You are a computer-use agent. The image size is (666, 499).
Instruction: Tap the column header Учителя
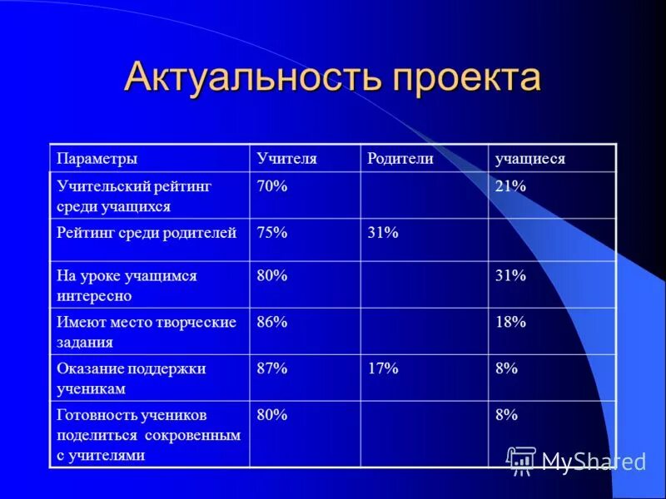287,159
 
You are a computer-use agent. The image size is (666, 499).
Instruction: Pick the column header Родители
400,159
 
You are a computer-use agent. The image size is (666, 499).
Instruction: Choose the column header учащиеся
530,159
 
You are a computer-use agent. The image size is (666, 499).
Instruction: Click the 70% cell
272,187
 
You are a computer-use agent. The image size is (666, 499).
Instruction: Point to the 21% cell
510,187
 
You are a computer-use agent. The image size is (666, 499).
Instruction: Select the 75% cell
272,234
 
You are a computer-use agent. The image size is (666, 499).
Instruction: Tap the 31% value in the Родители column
383,234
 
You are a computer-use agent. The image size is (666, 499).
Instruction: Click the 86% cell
272,323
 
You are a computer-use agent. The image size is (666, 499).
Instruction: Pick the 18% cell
510,323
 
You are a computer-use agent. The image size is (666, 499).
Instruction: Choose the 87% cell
272,368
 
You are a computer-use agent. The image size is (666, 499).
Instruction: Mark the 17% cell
383,368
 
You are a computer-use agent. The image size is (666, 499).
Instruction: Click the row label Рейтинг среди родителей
147,234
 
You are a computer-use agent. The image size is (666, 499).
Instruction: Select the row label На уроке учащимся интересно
127,285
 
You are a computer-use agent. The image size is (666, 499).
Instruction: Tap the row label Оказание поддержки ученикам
131,378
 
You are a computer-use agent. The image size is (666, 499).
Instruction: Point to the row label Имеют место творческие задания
147,331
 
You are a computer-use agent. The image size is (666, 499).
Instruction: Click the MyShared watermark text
594,462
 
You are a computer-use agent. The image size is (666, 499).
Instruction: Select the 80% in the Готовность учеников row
272,414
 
